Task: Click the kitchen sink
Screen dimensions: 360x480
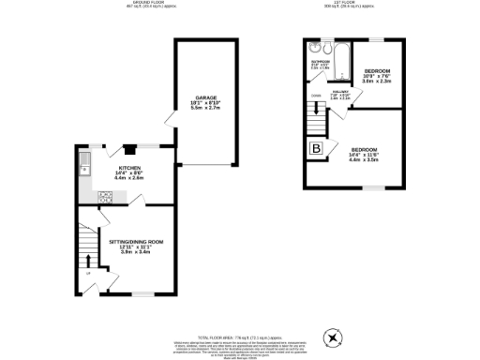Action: [x=84, y=169]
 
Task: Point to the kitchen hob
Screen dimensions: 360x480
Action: [x=106, y=197]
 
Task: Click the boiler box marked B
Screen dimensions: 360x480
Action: [x=317, y=148]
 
